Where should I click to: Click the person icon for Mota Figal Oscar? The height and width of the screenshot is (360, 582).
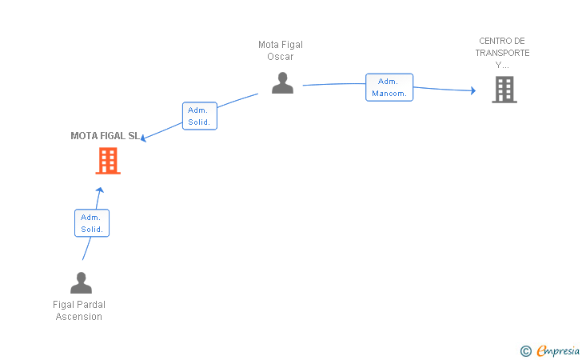[x=282, y=83]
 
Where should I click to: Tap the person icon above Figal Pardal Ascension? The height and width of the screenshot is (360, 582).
[x=81, y=282]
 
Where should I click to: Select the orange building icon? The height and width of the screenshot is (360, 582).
[x=108, y=161]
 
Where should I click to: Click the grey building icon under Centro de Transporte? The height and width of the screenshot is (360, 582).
[x=504, y=90]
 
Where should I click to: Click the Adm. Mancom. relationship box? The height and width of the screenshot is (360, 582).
[x=389, y=87]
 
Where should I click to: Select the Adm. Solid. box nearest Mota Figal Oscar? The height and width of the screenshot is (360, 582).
[x=200, y=116]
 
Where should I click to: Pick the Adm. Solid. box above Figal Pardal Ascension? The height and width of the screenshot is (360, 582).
[x=92, y=223]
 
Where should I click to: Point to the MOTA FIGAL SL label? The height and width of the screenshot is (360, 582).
[x=105, y=136]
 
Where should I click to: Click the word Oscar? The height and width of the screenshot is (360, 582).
[x=281, y=57]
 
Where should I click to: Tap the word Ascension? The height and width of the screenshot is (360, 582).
[x=78, y=317]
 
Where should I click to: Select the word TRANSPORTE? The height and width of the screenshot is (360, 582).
[x=502, y=53]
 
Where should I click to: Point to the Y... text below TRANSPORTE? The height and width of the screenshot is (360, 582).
[x=502, y=65]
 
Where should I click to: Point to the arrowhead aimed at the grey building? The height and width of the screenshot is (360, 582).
[x=473, y=90]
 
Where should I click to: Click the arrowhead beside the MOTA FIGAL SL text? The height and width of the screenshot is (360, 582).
[x=143, y=138]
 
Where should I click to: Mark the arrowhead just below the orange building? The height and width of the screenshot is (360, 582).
[x=99, y=190]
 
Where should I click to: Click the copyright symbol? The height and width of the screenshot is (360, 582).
[x=525, y=350]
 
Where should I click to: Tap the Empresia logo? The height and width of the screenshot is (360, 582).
[x=558, y=350]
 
